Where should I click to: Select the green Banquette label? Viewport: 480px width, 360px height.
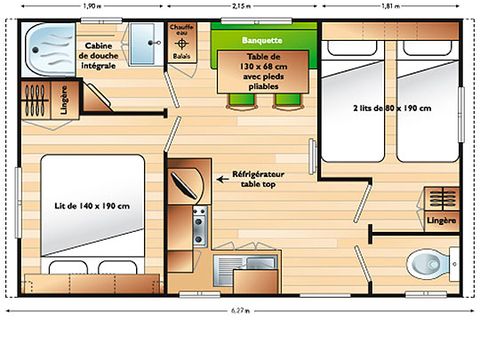(x=263, y=40)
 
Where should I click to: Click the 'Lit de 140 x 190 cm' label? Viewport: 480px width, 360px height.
(x=92, y=206)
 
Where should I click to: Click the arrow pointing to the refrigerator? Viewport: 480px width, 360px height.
(x=224, y=179)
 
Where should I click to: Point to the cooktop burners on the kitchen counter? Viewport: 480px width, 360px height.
(x=198, y=226)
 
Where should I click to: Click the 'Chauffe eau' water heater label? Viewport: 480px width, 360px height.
(x=180, y=35)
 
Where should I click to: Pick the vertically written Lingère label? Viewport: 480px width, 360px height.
(x=64, y=105)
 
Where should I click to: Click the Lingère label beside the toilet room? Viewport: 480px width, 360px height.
(x=440, y=219)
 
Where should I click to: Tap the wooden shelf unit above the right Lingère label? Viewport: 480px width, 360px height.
(x=439, y=196)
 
